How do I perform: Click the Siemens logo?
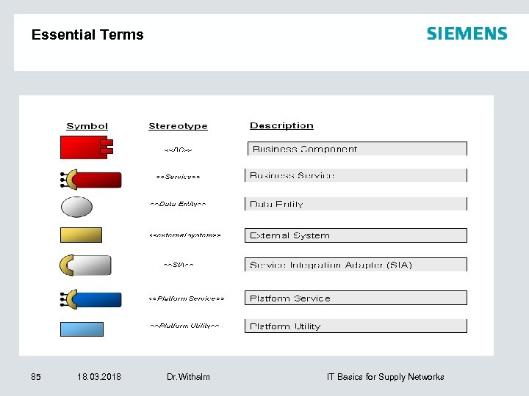[467, 34]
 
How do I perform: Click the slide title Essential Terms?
[87, 34]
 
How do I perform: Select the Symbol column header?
[87, 126]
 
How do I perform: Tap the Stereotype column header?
[178, 126]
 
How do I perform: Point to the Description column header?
[281, 125]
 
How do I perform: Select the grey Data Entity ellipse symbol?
[76, 207]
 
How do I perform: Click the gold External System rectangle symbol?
[81, 235]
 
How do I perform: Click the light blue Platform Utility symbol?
[82, 329]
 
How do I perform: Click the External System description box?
[356, 235]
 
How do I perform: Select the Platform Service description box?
[356, 298]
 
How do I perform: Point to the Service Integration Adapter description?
[356, 265]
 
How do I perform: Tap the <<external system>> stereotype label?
[185, 235]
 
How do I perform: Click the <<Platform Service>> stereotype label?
[187, 298]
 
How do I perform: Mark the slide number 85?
[36, 377]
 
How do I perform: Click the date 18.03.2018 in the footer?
[99, 377]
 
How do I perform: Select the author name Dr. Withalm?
[188, 377]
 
